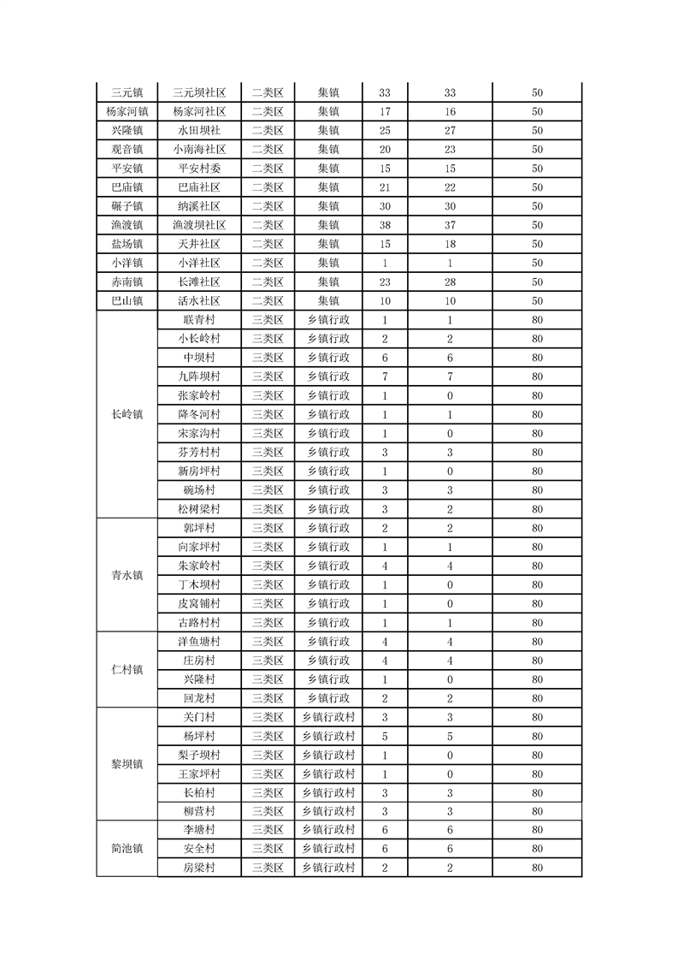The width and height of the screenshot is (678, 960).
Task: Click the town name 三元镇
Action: [127, 92]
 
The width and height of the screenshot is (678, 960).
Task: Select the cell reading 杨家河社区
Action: [199, 111]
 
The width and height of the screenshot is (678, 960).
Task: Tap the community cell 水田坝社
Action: [199, 131]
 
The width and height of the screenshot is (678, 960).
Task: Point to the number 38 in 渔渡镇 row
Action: [384, 225]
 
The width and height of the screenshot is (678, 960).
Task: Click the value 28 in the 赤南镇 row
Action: [450, 281]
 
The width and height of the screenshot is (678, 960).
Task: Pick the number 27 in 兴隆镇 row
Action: [450, 131]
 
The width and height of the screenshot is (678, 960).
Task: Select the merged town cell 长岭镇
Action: [127, 414]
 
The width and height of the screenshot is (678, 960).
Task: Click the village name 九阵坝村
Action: [199, 376]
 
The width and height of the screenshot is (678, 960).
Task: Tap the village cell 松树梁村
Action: [199, 509]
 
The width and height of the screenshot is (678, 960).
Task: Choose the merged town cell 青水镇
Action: [127, 576]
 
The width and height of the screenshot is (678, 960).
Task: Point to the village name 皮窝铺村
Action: [199, 604]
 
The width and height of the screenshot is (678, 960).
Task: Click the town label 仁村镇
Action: [127, 670]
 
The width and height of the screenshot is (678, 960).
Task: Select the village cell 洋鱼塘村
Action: [199, 642]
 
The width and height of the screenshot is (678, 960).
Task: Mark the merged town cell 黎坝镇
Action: [127, 764]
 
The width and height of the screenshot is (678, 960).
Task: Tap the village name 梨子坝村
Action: [199, 756]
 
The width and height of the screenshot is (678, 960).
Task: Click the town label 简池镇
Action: [127, 849]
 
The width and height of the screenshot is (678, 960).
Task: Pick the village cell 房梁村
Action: [199, 868]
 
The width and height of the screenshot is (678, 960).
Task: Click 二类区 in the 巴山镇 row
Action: [268, 301]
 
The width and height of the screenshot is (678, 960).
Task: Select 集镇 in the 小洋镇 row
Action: [328, 263]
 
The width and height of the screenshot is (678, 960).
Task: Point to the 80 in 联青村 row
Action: [537, 320]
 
